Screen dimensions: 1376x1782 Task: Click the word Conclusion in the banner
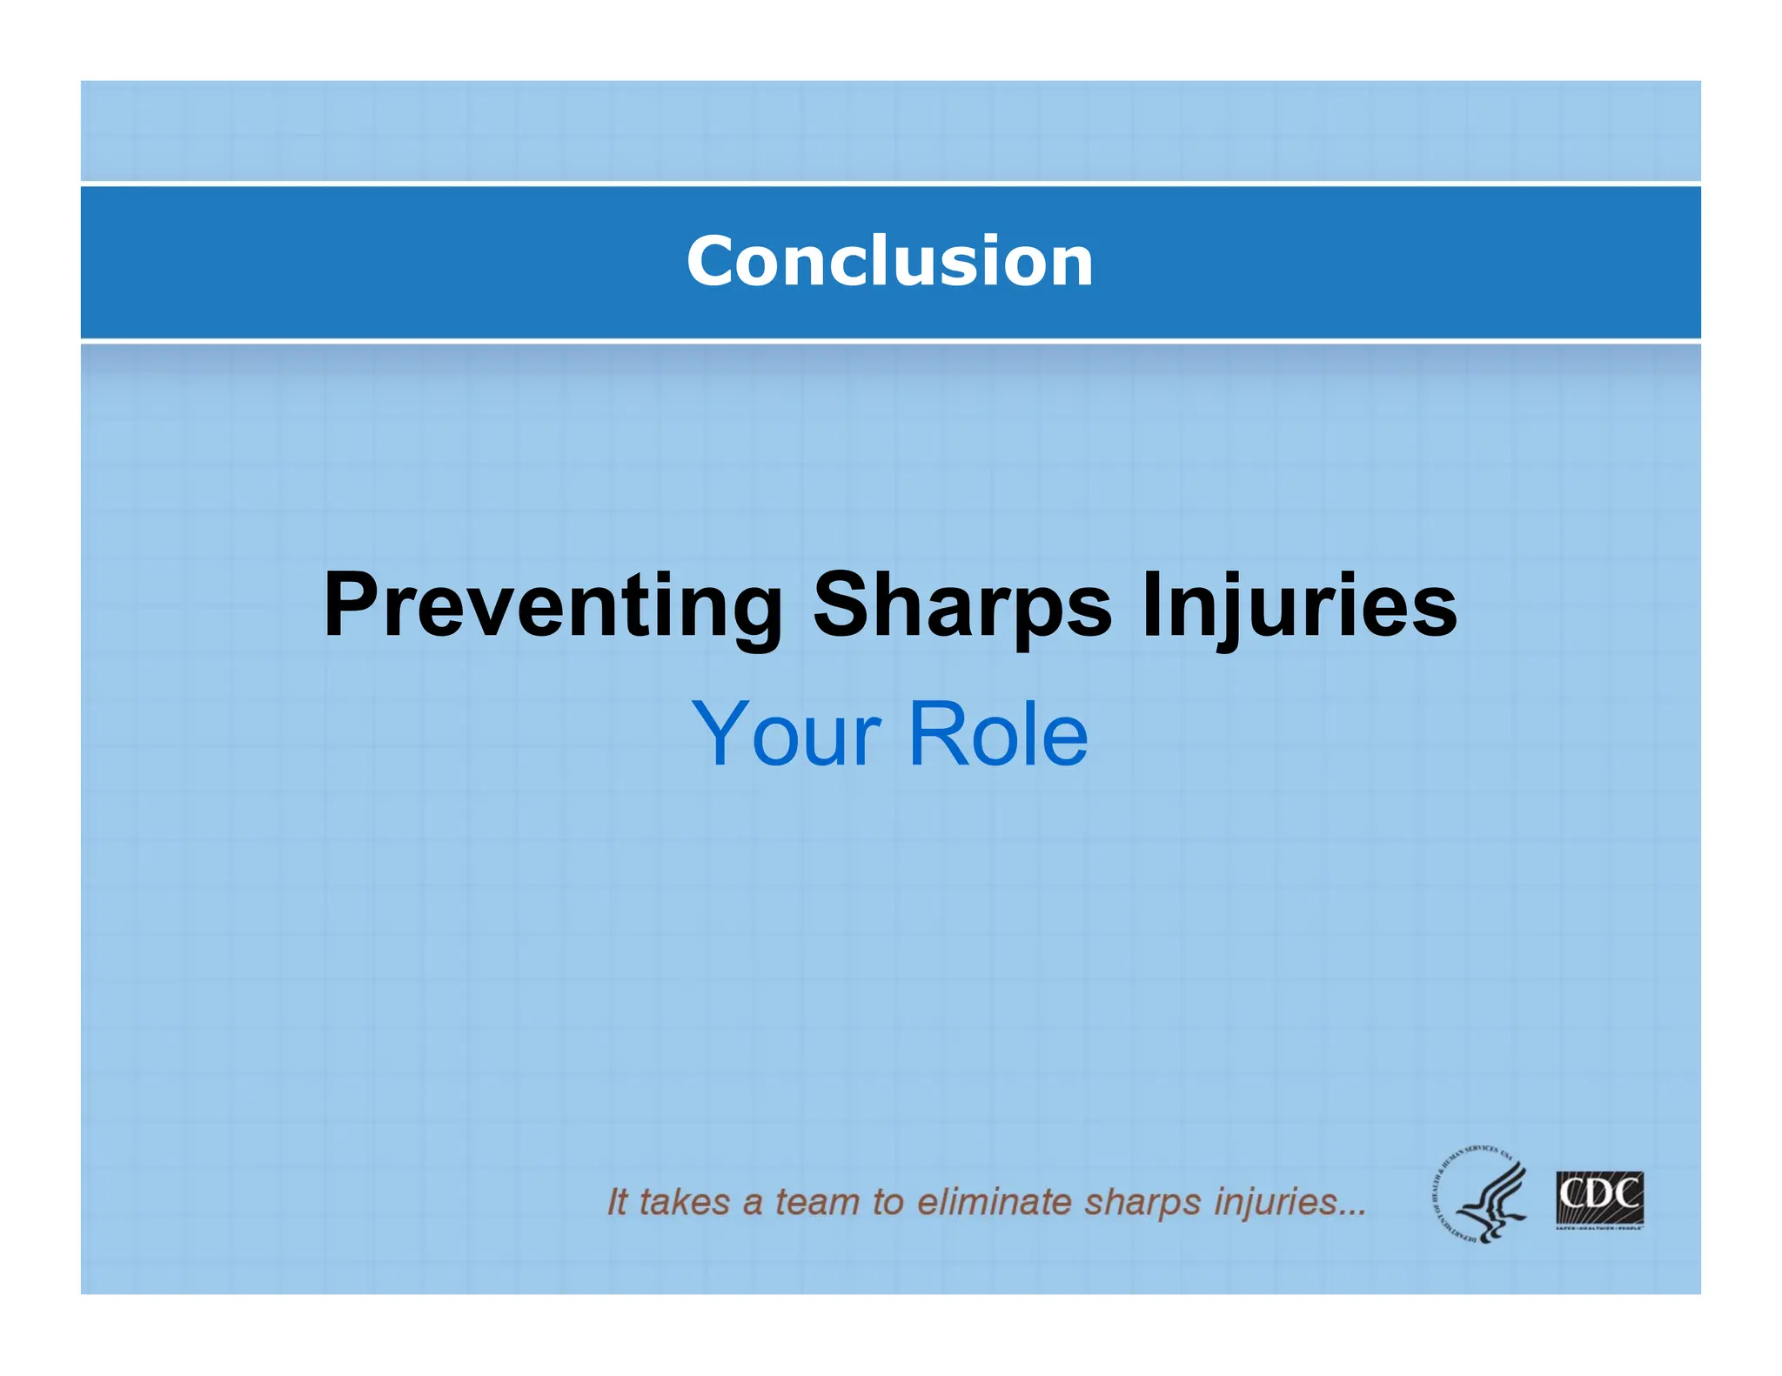(889, 261)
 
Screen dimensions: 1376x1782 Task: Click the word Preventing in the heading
(553, 606)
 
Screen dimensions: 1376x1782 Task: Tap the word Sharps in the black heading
(962, 606)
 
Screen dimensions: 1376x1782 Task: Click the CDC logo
(1599, 1199)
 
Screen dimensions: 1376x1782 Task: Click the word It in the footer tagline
(616, 1202)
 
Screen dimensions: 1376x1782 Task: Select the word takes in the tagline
(685, 1202)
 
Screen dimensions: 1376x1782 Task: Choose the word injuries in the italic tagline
(1288, 1202)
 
